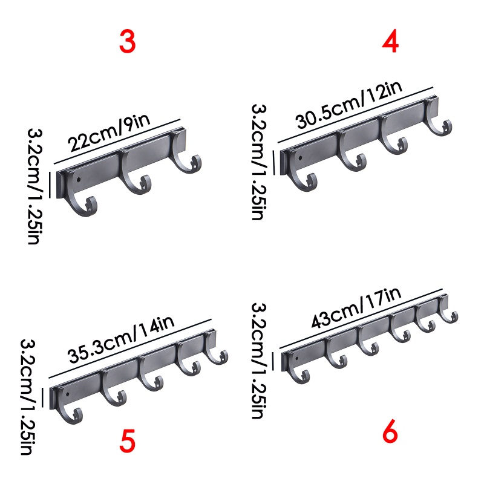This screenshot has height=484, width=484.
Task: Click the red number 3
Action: (x=127, y=42)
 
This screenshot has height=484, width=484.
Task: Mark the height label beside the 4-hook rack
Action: (x=258, y=161)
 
